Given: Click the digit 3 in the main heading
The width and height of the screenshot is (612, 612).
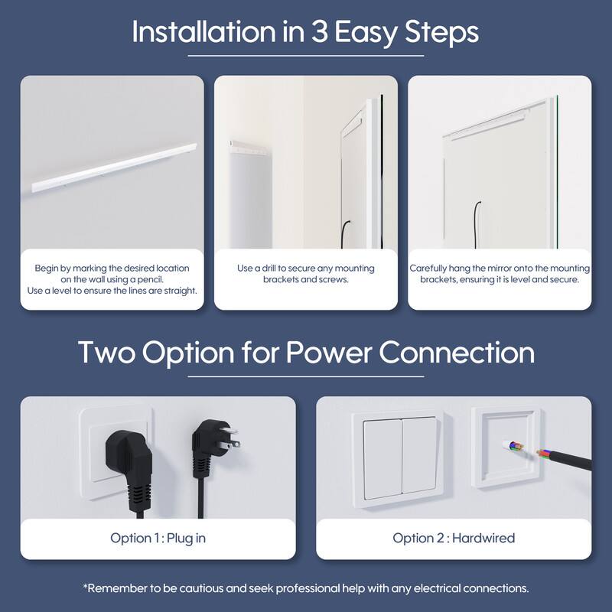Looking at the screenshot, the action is pos(319,32).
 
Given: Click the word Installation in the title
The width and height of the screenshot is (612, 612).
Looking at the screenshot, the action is pos(203,31).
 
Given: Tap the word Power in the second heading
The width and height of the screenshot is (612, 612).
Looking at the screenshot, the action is pos(329,353).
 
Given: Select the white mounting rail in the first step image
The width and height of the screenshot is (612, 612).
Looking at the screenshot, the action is pos(114,168).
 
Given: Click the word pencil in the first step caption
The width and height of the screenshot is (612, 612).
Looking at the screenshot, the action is pos(150,279).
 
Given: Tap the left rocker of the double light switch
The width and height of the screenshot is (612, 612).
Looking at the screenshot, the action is pos(383,459).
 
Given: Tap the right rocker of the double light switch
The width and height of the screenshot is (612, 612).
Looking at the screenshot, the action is pos(421,454).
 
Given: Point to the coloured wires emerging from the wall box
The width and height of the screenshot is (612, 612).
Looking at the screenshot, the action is pos(514,446).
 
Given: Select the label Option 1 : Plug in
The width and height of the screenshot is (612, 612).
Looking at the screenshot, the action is pos(158,539).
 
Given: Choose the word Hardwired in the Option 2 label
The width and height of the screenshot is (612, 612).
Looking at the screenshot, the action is pos(483,539).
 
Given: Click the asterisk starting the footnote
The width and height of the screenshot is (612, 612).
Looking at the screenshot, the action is pos(85,586).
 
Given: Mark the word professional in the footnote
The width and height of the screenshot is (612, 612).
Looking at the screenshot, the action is pos(308,588).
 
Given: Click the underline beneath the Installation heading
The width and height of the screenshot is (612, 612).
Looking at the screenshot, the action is pos(306,56).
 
